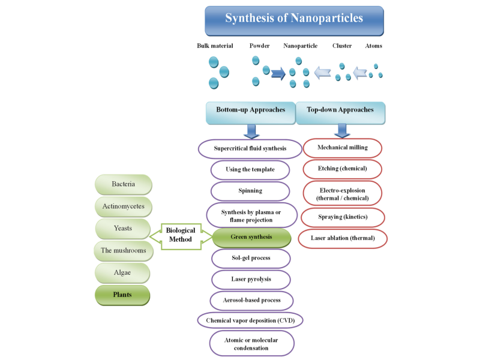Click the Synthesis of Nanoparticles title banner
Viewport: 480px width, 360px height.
point(294,19)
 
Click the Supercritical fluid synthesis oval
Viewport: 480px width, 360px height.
point(250,148)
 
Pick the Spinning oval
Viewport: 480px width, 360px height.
point(250,191)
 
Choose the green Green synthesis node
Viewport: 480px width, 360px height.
point(251,237)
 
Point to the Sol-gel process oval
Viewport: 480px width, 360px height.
point(251,258)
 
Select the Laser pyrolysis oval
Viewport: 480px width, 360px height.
point(251,279)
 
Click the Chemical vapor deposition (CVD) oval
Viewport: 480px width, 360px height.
point(250,320)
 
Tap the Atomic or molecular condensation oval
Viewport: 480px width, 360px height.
point(251,343)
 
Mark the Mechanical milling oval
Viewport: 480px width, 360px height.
point(343,148)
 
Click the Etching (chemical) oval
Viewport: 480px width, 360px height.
point(343,169)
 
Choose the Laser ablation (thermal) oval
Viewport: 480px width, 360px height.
point(343,238)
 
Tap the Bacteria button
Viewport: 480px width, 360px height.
point(123,184)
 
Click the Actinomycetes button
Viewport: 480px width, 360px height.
point(123,206)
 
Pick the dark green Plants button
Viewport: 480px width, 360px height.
point(122,295)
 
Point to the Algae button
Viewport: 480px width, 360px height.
point(123,273)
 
